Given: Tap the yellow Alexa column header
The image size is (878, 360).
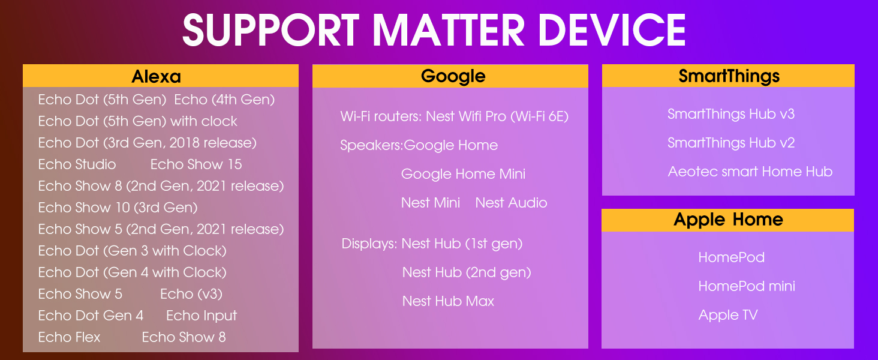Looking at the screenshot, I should pyautogui.click(x=160, y=76).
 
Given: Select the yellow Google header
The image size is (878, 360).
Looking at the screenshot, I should pyautogui.click(x=450, y=76).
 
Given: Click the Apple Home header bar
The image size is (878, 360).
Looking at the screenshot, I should pyautogui.click(x=727, y=220).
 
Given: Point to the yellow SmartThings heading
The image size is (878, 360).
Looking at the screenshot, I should pyautogui.click(x=728, y=76).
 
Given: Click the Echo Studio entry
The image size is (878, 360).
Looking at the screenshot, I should pyautogui.click(x=77, y=164).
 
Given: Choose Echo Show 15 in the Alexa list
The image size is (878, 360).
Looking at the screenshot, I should pyautogui.click(x=196, y=164).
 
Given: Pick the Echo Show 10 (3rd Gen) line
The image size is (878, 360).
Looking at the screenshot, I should pyautogui.click(x=118, y=208).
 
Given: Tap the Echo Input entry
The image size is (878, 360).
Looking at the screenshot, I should pyautogui.click(x=202, y=316).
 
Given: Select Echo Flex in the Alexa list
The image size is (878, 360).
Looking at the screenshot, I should pyautogui.click(x=69, y=337).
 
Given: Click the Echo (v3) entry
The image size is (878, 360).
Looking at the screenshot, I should pyautogui.click(x=191, y=294).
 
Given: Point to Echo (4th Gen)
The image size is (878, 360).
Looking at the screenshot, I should pyautogui.click(x=224, y=100).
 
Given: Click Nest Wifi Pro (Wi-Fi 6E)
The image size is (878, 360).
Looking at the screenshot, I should pyautogui.click(x=497, y=116).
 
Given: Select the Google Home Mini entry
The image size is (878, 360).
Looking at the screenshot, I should pyautogui.click(x=463, y=174).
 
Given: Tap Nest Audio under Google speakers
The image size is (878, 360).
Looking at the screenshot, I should pyautogui.click(x=511, y=203).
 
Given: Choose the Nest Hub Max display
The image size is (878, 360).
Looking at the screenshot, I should pyautogui.click(x=448, y=301).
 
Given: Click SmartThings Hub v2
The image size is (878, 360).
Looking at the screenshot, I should pyautogui.click(x=731, y=143).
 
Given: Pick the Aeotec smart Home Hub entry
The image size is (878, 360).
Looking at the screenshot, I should pyautogui.click(x=750, y=172).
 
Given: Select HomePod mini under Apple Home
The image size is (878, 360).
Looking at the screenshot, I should pyautogui.click(x=747, y=286).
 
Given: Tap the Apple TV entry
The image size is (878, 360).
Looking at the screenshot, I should pyautogui.click(x=728, y=315).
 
